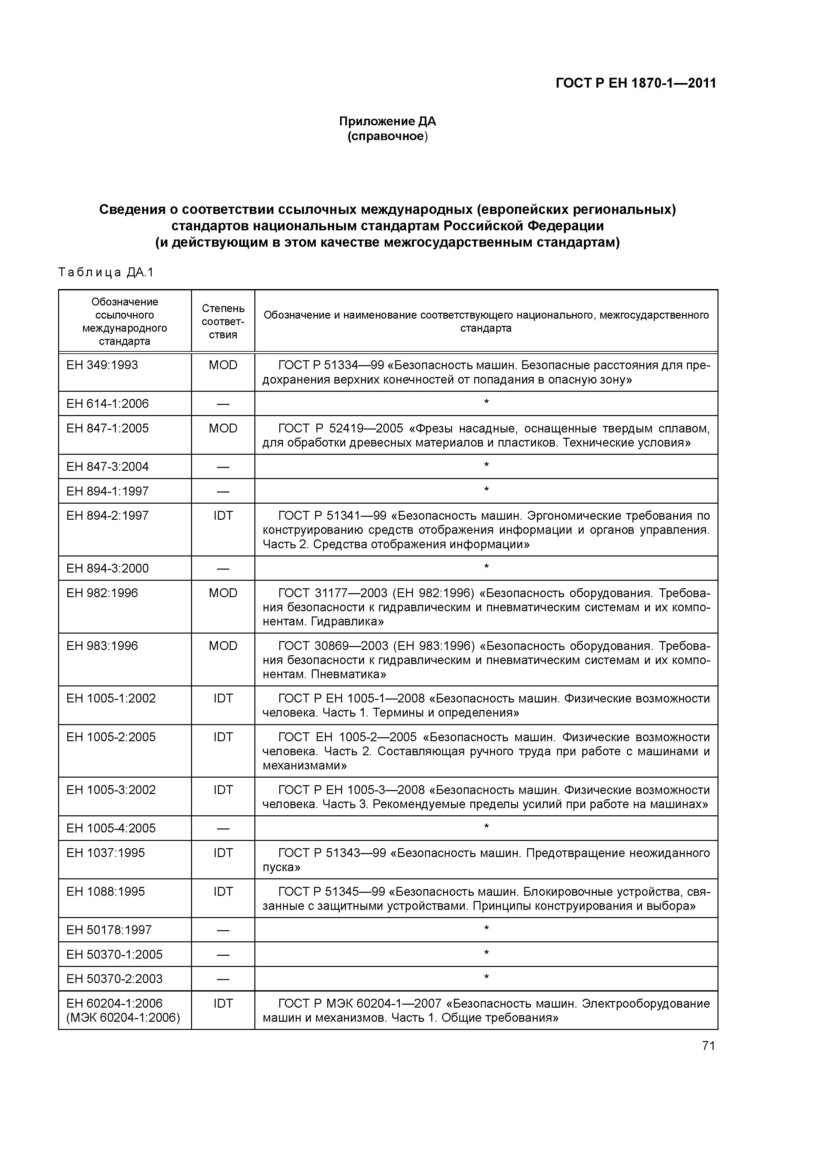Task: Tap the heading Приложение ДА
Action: coord(387,121)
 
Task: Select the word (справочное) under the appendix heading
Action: coord(387,136)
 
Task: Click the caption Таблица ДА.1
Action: coord(106,272)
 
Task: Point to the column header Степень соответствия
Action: coord(223,321)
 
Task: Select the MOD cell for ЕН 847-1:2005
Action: coord(223,428)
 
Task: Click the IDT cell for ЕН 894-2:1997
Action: coord(223,516)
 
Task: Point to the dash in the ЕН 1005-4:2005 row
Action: coord(223,829)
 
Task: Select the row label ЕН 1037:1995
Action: coord(105,853)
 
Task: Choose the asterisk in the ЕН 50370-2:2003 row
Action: coord(486,977)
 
